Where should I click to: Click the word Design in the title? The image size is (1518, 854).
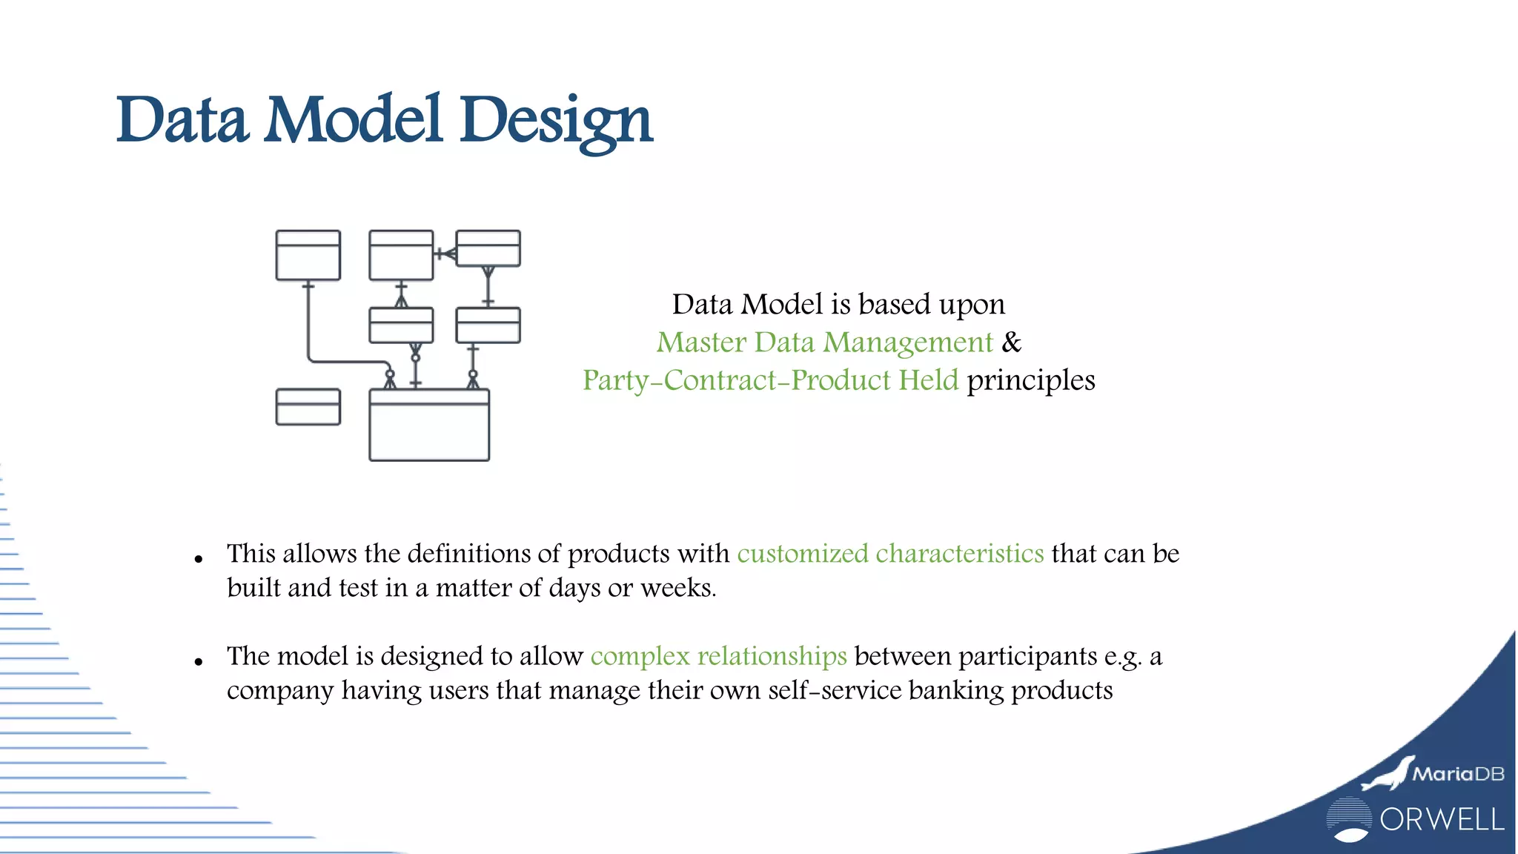(x=556, y=120)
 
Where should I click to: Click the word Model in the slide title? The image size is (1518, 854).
(x=354, y=120)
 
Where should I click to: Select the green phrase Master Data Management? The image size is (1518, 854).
(x=824, y=342)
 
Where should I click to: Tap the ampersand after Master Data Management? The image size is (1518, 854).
(x=1011, y=342)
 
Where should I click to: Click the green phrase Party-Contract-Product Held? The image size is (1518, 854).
(x=770, y=380)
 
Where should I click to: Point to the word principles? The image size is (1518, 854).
(x=1030, y=380)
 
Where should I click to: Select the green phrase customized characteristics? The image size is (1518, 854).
(x=890, y=554)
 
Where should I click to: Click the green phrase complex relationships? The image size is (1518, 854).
(x=718, y=656)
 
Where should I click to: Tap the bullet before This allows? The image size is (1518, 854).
(x=198, y=559)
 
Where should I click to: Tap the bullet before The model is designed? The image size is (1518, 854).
(x=198, y=661)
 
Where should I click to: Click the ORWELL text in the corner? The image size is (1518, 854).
(x=1442, y=820)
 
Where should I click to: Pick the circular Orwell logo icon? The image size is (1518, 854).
(x=1348, y=819)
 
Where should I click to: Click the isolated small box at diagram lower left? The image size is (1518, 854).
(x=308, y=407)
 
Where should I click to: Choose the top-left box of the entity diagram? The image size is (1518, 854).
(x=308, y=255)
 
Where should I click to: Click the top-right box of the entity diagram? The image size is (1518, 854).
(x=488, y=248)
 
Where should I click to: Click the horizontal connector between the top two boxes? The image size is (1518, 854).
(x=444, y=254)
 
